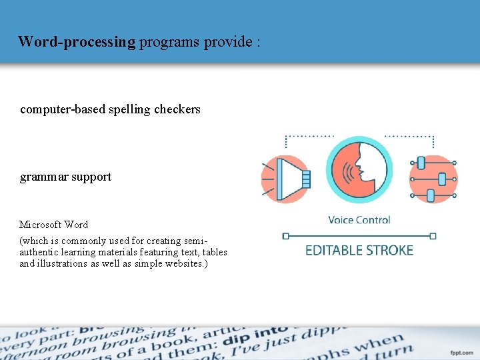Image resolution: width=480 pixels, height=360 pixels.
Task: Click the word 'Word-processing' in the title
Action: coord(77,42)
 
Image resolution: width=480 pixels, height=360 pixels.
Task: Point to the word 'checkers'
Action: coord(179,109)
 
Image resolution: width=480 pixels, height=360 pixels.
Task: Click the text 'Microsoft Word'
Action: coord(53,225)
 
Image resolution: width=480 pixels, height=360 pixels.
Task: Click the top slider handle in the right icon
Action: coord(421,163)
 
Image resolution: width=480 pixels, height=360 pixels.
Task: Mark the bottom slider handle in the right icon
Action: coord(430,195)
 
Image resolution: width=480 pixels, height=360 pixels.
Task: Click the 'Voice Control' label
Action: coord(359,220)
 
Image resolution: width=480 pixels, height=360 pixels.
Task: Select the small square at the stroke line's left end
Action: coord(286,236)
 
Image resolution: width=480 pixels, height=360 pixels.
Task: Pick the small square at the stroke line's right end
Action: coord(433,236)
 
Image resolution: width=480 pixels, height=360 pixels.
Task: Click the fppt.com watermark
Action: coord(461,351)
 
